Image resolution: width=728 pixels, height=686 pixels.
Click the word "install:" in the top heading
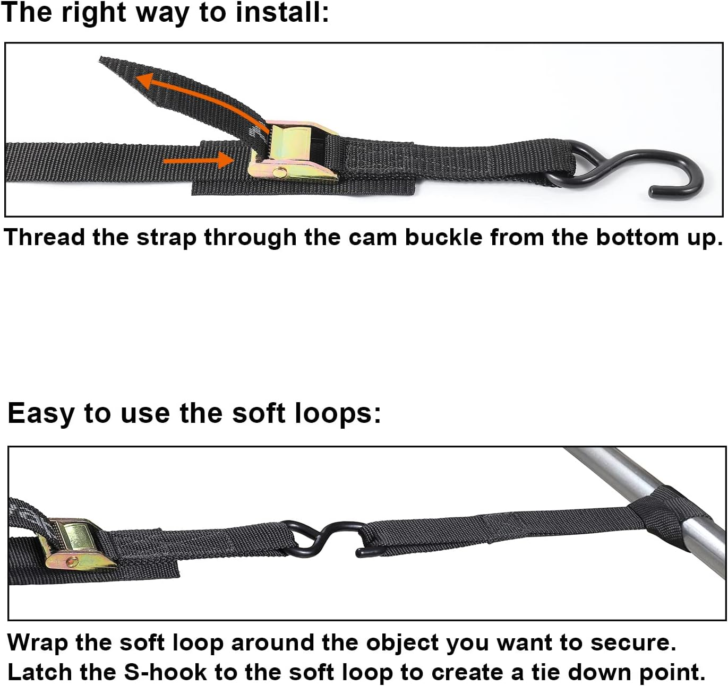point(282,13)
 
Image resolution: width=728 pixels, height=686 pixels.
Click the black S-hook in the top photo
point(637,170)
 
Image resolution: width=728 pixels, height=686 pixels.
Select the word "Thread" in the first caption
point(44,237)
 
